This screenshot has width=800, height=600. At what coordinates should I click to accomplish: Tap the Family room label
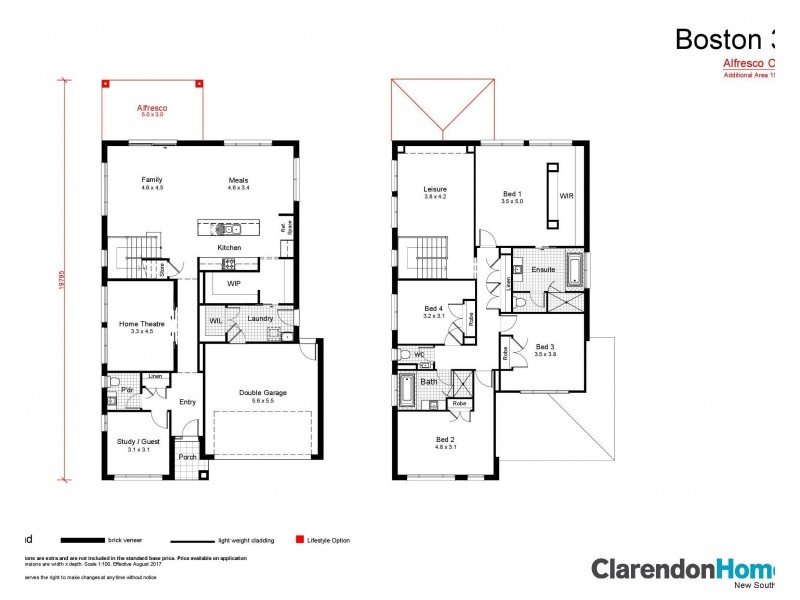[151, 180]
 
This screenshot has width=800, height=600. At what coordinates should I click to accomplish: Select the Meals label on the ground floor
[237, 180]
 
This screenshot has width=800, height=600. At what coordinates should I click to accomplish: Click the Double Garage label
[262, 393]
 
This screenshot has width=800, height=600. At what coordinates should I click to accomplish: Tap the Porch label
[187, 457]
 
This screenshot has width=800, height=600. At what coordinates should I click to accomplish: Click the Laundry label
[260, 319]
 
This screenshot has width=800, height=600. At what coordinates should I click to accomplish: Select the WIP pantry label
[234, 284]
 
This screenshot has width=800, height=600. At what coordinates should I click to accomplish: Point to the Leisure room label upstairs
[434, 188]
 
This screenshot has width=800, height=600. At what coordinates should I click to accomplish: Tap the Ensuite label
[543, 269]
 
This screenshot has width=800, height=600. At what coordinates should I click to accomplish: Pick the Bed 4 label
[432, 308]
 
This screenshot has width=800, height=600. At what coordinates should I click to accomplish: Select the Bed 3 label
[544, 347]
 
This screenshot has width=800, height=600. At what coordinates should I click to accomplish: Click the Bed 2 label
[445, 440]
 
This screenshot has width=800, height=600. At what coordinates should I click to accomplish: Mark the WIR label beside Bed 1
[566, 196]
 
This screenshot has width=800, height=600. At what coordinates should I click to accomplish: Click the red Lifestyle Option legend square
[298, 540]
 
